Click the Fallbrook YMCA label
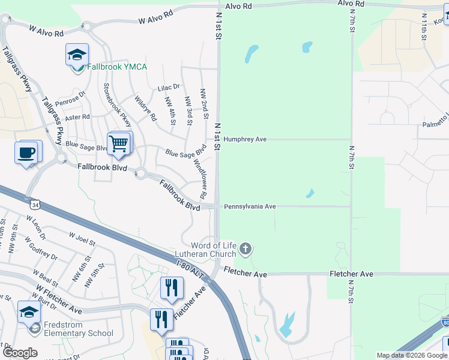[117, 67]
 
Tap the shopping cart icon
[119, 143]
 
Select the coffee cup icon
[27, 152]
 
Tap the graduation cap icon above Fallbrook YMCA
[77, 55]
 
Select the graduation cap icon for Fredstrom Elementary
[29, 312]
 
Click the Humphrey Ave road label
[245, 139]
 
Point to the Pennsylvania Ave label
[250, 206]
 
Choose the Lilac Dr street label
[169, 87]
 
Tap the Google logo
[20, 353]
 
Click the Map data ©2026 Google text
[412, 355]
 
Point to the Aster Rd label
[77, 116]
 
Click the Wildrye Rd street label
[145, 107]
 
